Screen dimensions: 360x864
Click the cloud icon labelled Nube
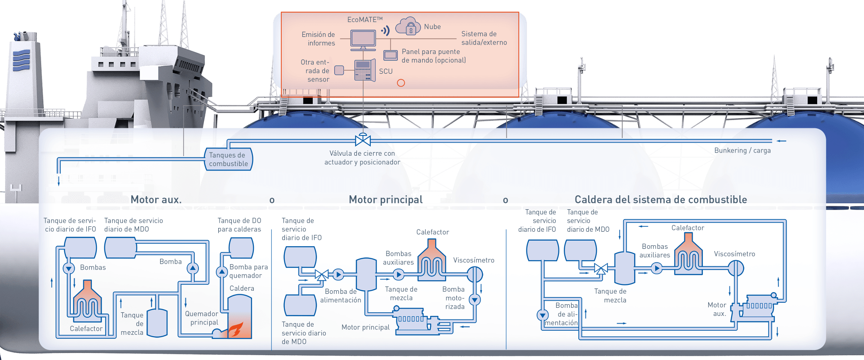click(x=408, y=27)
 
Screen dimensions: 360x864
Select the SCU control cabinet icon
click(x=364, y=71)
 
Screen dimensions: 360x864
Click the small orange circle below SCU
click(x=401, y=83)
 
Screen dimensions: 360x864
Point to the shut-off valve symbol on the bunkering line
click(x=363, y=140)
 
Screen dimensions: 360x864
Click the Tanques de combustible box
click(x=229, y=159)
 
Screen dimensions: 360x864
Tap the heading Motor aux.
click(x=156, y=200)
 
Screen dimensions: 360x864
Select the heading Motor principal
click(x=386, y=200)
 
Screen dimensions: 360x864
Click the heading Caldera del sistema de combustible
click(x=661, y=200)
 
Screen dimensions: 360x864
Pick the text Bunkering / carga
click(x=742, y=151)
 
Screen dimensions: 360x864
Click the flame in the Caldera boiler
click(x=235, y=329)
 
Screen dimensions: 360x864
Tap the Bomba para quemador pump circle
click(x=222, y=272)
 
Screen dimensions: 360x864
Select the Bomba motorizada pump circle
click(x=475, y=300)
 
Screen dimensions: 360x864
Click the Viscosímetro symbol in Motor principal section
click(x=474, y=274)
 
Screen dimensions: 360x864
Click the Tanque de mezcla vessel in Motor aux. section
click(x=157, y=322)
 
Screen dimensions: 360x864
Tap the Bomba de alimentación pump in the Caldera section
click(x=543, y=315)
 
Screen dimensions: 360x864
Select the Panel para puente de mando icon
click(x=390, y=55)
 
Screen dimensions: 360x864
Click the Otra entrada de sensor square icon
click(x=339, y=70)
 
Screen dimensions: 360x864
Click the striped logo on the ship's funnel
click(x=21, y=60)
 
